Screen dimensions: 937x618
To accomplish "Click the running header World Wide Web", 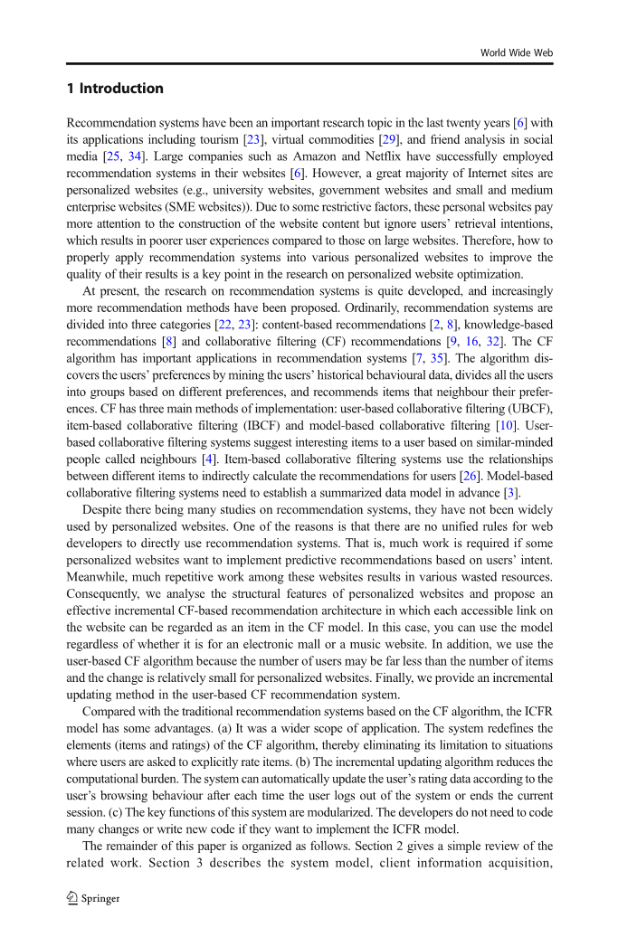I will pyautogui.click(x=516, y=53).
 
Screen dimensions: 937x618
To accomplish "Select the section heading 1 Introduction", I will pyautogui.click(x=115, y=89).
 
